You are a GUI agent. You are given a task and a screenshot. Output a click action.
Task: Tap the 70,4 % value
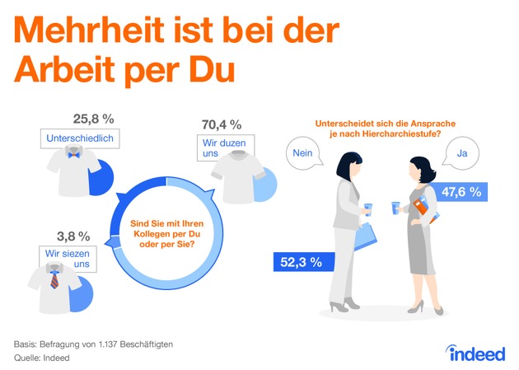(x=221, y=125)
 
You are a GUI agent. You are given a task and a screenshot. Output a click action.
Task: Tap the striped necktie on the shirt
(x=54, y=280)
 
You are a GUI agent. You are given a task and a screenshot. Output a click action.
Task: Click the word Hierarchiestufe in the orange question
(x=401, y=135)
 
